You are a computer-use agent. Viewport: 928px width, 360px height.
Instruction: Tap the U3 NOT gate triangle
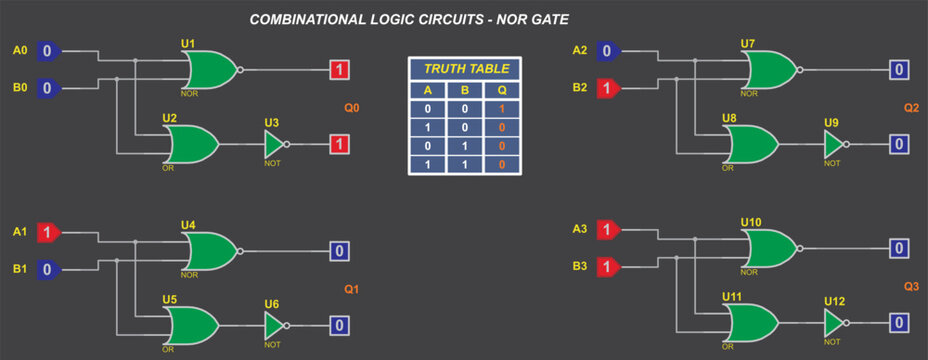pyautogui.click(x=274, y=144)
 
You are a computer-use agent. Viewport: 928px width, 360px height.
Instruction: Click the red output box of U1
pyautogui.click(x=339, y=70)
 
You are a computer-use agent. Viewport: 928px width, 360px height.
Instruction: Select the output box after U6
pyautogui.click(x=339, y=325)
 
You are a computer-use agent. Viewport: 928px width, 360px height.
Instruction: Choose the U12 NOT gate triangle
pyautogui.click(x=834, y=323)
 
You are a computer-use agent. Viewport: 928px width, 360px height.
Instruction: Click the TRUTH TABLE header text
pyautogui.click(x=466, y=69)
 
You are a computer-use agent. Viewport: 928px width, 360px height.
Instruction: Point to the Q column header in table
pyautogui.click(x=502, y=89)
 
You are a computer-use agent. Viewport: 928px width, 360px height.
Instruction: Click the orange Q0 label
pyautogui.click(x=352, y=108)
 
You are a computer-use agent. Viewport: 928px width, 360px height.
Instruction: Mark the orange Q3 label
pyautogui.click(x=911, y=286)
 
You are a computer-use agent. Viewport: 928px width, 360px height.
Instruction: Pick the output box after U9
pyautogui.click(x=899, y=144)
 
